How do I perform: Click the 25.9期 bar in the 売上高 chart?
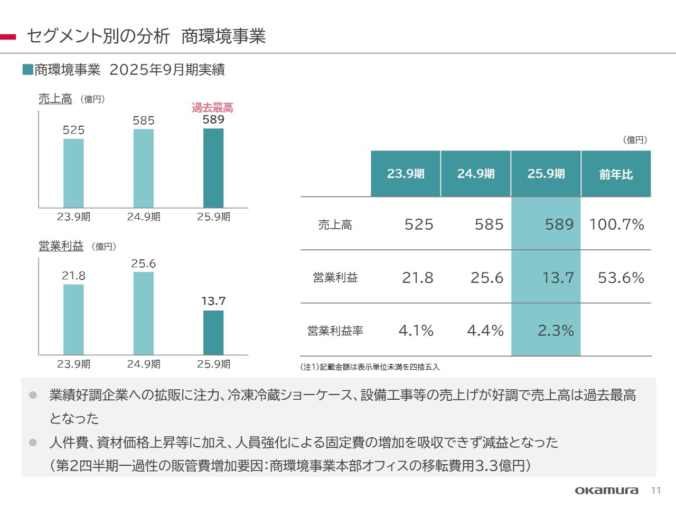[213, 168]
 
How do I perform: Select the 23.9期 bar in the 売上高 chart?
[73, 173]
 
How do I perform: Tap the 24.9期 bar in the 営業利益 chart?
[144, 313]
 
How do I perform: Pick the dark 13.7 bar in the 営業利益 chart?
[213, 333]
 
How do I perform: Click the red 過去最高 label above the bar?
[212, 108]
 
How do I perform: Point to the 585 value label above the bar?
[144, 121]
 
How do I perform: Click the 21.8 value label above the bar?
[73, 276]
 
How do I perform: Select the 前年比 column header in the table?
[616, 174]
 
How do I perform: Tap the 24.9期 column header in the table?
[476, 174]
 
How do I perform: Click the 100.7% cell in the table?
[616, 224]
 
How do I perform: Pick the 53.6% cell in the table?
[621, 278]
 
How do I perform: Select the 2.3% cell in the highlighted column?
[556, 331]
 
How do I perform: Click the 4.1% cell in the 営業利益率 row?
[416, 331]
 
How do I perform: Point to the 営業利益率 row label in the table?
[335, 331]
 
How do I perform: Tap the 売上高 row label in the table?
[335, 225]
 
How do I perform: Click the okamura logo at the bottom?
[606, 491]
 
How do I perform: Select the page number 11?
[656, 491]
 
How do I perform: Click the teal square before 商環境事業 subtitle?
[28, 69]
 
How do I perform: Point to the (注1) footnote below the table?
[370, 367]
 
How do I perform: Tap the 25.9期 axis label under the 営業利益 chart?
[213, 364]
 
